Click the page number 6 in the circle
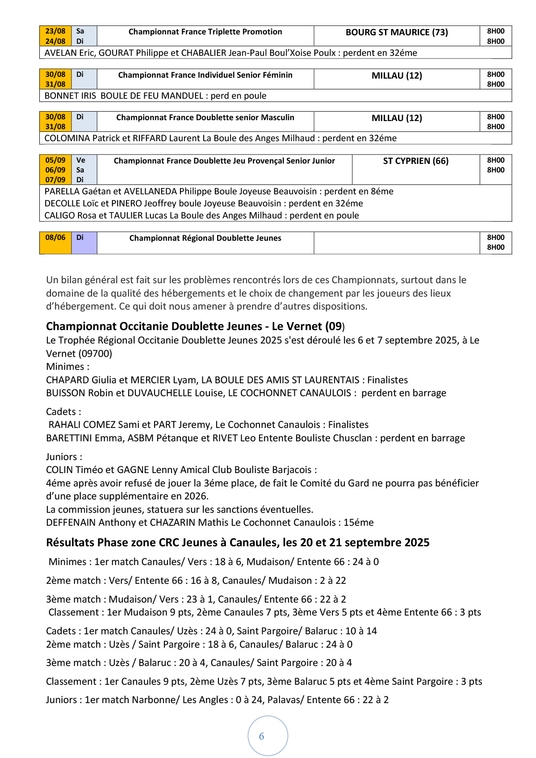(x=262, y=736)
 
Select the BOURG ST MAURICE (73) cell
(x=397, y=32)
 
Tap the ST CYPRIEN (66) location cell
(x=415, y=161)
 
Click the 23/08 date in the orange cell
(x=55, y=31)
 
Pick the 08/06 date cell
(x=55, y=238)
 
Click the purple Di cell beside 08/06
(x=80, y=238)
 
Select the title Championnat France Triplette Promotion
(x=205, y=32)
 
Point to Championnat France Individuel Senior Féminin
(x=205, y=75)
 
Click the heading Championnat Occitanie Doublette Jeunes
(x=154, y=327)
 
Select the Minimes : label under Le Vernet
(x=67, y=367)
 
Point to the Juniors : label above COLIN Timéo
(x=64, y=457)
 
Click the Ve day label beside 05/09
(x=80, y=160)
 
